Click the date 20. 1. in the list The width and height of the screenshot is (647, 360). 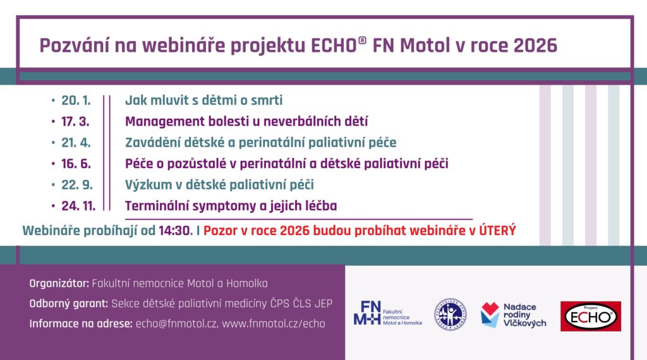[x=76, y=100]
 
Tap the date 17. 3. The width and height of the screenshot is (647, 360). [x=75, y=122]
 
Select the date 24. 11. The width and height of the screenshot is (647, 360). [x=78, y=206]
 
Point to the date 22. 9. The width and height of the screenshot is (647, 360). [x=77, y=185]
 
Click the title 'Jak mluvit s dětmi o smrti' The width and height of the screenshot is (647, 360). [x=204, y=100]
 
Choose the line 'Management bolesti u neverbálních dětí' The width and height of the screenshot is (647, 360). [x=246, y=122]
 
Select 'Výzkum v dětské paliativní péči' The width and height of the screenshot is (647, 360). [x=219, y=185]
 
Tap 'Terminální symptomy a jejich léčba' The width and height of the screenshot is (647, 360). [x=231, y=206]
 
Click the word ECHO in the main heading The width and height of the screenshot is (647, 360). [x=334, y=45]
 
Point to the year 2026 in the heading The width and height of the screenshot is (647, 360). [x=535, y=45]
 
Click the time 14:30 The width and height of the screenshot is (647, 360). [x=176, y=231]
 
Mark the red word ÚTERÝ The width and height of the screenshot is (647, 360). [x=498, y=230]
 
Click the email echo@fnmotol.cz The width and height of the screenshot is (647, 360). [x=176, y=324]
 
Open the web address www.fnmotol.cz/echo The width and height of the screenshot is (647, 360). [x=274, y=324]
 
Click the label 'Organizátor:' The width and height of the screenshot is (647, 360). [x=59, y=284]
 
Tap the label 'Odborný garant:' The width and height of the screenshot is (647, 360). [x=68, y=304]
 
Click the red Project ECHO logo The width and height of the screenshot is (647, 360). [x=591, y=316]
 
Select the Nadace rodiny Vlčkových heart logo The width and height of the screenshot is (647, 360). [x=490, y=315]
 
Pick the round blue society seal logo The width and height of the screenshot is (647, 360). [x=450, y=315]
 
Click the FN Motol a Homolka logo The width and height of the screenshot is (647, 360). [x=388, y=313]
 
